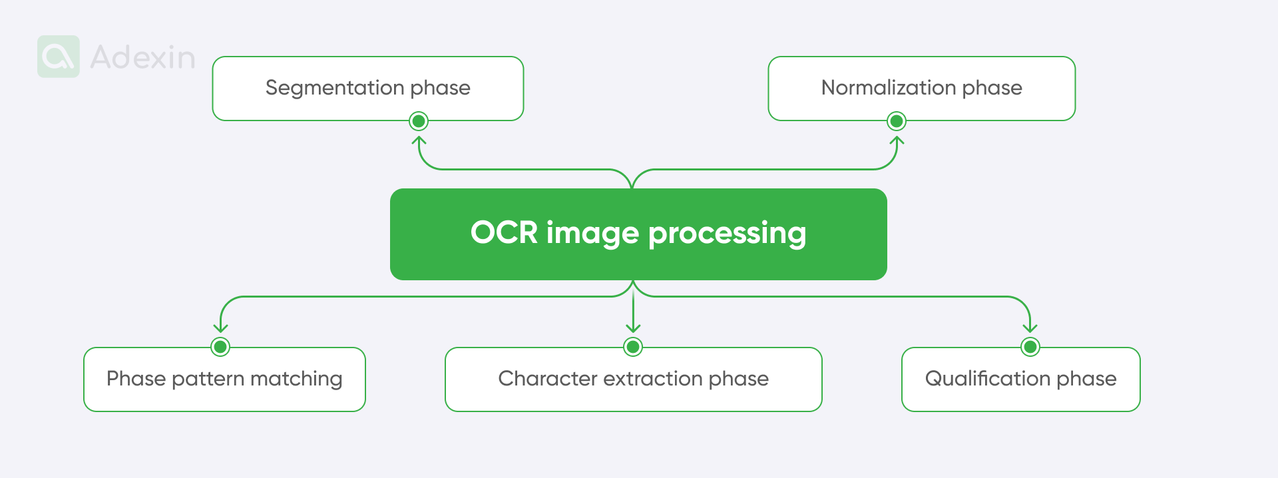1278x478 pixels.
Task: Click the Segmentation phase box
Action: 367,88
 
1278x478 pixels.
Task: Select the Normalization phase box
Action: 921,88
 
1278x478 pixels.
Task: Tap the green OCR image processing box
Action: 638,234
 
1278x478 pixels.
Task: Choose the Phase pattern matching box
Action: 224,379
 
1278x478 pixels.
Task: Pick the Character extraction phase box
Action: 633,379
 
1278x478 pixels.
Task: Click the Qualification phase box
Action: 1020,379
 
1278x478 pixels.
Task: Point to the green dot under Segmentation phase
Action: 419,121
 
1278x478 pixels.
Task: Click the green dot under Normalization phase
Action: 897,121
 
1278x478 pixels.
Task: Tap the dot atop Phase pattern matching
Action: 220,347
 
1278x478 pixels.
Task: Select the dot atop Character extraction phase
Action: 633,347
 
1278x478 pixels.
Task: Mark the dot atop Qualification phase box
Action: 1030,347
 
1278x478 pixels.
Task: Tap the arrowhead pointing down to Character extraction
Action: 633,328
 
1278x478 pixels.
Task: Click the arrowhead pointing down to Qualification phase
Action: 1030,328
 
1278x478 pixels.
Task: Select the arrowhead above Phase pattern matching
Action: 220,328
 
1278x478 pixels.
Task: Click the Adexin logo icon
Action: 59,57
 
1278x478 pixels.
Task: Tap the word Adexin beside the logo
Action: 142,57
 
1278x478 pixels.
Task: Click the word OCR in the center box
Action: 504,232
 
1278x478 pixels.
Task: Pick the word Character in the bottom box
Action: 547,379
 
